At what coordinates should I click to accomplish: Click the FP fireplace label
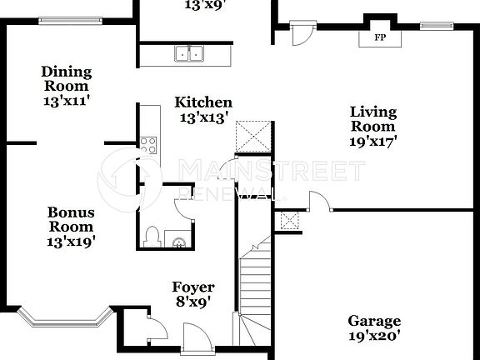click(380, 37)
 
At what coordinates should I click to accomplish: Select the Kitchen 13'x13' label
click(202, 109)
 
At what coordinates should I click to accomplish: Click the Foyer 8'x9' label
click(193, 295)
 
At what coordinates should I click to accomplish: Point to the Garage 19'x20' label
click(374, 328)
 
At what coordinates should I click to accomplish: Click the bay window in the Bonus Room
click(65, 319)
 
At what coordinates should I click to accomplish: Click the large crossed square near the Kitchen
click(255, 136)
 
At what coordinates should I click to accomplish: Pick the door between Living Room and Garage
click(318, 202)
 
